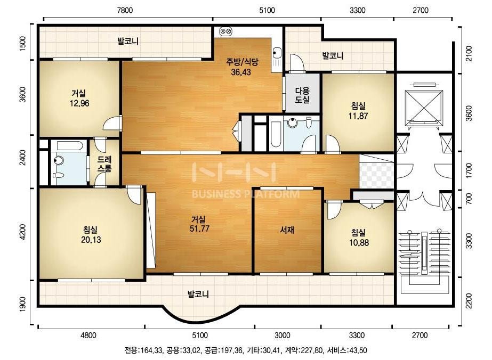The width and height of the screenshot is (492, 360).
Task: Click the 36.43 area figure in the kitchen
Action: click(x=241, y=72)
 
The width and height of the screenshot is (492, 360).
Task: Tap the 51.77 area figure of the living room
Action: click(x=199, y=228)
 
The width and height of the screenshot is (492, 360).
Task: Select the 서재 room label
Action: click(x=287, y=230)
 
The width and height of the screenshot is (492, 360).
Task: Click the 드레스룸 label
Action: click(x=104, y=164)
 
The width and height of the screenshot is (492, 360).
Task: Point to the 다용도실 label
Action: click(x=302, y=95)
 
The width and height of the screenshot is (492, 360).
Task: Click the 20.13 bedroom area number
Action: click(x=91, y=240)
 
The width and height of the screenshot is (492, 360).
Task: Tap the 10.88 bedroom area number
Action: click(x=359, y=242)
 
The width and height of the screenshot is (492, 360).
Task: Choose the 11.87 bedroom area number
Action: click(x=358, y=116)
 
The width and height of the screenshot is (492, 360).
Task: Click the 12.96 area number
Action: click(x=79, y=103)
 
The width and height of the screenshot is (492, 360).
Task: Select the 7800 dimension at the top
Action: click(x=125, y=10)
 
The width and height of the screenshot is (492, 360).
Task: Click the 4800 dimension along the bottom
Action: click(x=88, y=335)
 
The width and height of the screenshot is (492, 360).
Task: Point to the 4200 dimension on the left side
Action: click(x=23, y=232)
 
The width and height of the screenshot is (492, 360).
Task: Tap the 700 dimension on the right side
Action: click(x=469, y=199)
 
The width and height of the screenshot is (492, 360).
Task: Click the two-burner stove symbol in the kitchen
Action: click(x=226, y=31)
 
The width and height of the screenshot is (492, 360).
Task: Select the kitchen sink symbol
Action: click(x=277, y=53)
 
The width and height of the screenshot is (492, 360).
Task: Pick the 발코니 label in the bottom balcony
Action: click(x=198, y=294)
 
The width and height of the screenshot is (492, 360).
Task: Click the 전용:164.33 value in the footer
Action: click(x=144, y=350)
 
